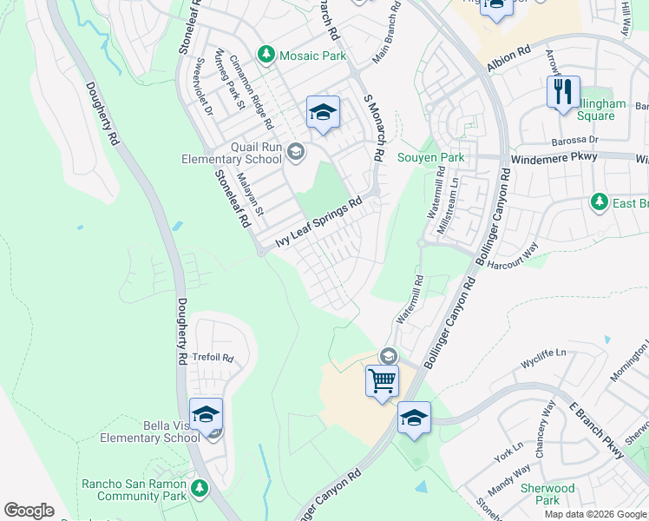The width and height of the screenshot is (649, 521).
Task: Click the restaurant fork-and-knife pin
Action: pos(563,91)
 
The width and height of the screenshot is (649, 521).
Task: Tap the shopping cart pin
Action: pos(382,381)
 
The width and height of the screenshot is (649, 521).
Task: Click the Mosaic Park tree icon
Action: pos(267,56)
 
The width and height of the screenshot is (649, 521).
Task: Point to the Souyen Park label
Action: pos(430,157)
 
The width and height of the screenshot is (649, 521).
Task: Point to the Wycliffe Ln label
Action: pos(543,353)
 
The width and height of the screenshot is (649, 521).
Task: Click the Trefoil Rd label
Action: pos(213,358)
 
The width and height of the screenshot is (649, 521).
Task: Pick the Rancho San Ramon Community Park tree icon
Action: pos(200,489)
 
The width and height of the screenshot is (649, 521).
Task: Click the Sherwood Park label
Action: pos(547,494)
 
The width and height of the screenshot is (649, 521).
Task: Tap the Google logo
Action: pos(29,511)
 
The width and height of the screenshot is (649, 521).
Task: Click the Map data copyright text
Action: pos(595,514)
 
